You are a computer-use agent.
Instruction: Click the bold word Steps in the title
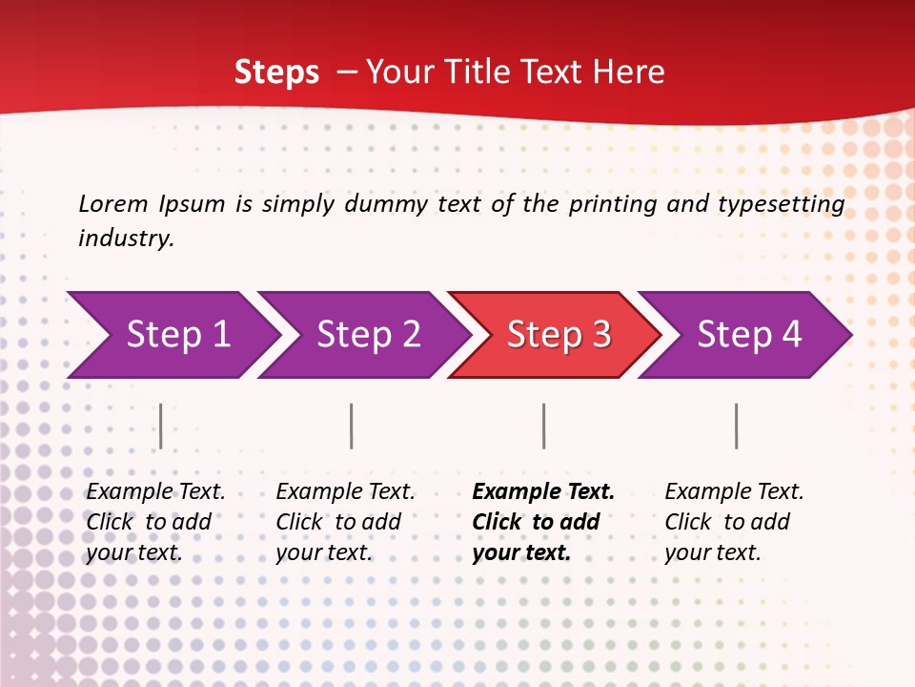pyautogui.click(x=276, y=73)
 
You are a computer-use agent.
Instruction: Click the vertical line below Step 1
pyautogui.click(x=161, y=426)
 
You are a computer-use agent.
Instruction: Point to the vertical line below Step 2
pyautogui.click(x=352, y=426)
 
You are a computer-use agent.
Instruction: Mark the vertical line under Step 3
pyautogui.click(x=543, y=426)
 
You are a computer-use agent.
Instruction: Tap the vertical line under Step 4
pyautogui.click(x=736, y=426)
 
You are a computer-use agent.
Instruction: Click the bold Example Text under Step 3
pyautogui.click(x=543, y=492)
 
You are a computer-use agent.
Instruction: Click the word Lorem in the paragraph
pyautogui.click(x=113, y=204)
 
